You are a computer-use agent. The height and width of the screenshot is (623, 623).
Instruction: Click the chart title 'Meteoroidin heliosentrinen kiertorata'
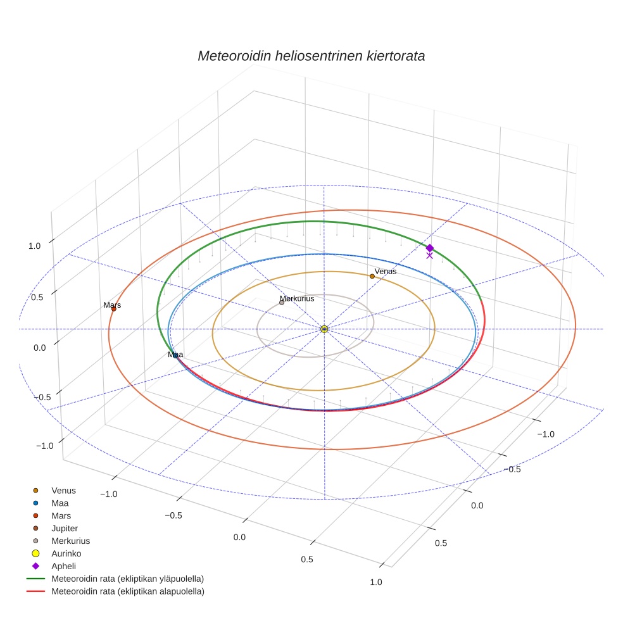coord(311,56)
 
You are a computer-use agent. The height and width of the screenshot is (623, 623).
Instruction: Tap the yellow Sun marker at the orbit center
coord(324,329)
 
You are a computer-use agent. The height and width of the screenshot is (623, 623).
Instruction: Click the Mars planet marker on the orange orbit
coord(114,309)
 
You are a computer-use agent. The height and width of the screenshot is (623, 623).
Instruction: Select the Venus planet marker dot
coord(372,276)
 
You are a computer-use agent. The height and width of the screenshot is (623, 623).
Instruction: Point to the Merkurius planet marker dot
coord(282,303)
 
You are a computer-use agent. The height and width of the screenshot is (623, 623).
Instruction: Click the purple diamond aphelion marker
coord(430,248)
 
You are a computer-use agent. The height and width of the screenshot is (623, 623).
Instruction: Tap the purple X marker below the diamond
coord(430,256)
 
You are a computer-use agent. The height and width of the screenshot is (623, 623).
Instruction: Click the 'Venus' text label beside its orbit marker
coord(386,272)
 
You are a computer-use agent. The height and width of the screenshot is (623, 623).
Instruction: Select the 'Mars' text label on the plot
coord(112,305)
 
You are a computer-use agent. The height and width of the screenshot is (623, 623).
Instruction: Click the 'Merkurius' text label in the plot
coord(297,298)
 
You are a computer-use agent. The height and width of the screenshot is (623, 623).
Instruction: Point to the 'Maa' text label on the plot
coord(175,355)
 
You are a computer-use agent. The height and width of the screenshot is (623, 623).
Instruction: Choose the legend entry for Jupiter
coord(65,528)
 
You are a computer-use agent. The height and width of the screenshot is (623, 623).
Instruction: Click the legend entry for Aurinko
coord(66,553)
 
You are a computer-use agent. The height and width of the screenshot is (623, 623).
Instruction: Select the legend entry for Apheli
coord(63,566)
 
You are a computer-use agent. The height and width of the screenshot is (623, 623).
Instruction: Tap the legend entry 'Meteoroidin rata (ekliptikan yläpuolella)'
coord(127,579)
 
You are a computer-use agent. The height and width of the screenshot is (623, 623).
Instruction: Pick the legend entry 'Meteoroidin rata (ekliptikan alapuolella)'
coord(127,591)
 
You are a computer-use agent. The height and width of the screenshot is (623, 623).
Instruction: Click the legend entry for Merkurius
coord(70,541)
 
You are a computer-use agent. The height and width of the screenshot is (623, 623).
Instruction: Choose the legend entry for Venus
coord(63,490)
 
